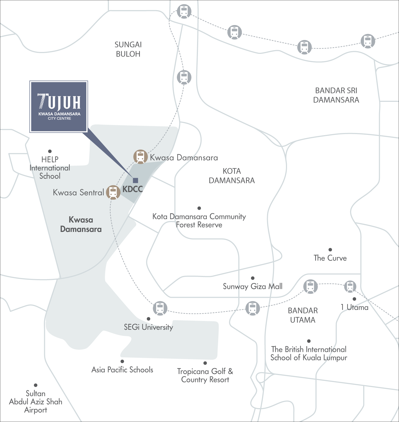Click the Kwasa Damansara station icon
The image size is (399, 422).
coord(140,156)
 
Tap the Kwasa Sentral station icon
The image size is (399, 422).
coord(113,192)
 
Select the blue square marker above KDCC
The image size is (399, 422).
coord(135,180)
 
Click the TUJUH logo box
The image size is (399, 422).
coord(59,107)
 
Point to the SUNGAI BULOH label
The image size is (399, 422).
coord(128,49)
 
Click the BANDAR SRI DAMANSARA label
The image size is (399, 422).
coord(336,95)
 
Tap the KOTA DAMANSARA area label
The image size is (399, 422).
coord(232,176)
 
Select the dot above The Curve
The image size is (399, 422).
coord(330,250)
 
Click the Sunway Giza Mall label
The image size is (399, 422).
coord(253,287)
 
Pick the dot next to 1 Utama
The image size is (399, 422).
coord(354,299)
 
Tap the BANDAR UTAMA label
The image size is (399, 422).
coord(303,315)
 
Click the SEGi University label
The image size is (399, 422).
coord(148,327)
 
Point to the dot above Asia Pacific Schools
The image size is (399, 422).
coord(122,361)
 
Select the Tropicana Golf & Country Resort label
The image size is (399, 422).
coord(205,375)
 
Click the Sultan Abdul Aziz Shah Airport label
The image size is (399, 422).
coord(36,402)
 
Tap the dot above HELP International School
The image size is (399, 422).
coord(50,151)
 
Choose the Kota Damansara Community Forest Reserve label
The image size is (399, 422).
coord(199,220)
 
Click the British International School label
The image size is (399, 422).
coord(309,353)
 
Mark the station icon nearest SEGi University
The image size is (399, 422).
coord(160,308)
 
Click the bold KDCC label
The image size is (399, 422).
coord(132,189)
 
